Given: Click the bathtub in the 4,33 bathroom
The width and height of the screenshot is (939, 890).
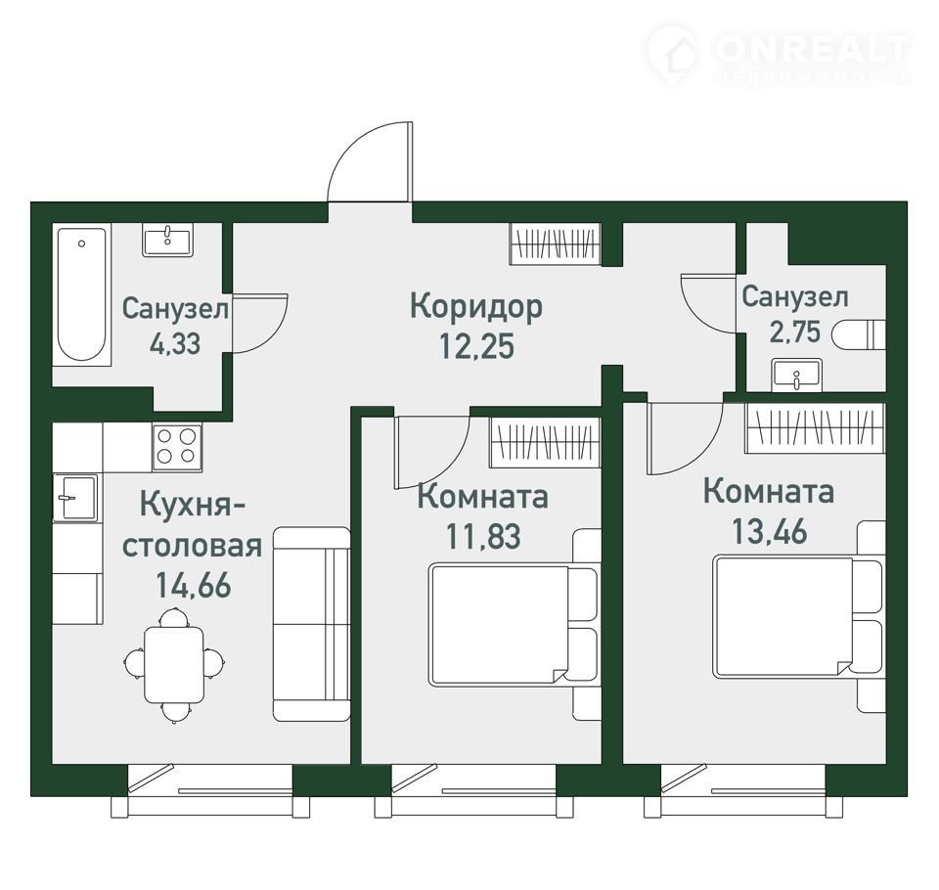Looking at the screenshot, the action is click(82, 294).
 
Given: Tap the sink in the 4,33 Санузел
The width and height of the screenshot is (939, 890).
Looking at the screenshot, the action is click(167, 240).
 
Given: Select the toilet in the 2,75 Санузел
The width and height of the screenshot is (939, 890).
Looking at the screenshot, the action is click(859, 334).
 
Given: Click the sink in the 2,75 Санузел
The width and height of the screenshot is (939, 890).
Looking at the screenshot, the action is click(796, 375).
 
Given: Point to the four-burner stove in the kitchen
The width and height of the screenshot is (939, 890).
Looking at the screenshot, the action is click(177, 447).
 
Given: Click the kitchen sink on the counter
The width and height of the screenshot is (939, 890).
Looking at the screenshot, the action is click(76, 498).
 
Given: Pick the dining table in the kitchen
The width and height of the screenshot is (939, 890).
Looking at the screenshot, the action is click(174, 664).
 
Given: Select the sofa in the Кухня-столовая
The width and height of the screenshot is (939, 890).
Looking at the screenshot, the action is click(311, 623).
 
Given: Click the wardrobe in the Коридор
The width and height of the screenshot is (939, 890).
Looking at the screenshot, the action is click(556, 244).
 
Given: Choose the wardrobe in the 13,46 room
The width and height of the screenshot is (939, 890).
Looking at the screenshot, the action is click(815, 427).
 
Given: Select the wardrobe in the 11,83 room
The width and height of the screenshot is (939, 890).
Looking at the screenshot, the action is click(545, 442).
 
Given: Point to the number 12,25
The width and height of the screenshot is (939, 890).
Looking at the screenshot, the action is click(476, 345).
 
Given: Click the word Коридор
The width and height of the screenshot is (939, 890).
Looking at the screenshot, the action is click(476, 306).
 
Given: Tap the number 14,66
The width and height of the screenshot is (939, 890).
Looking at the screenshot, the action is click(194, 585).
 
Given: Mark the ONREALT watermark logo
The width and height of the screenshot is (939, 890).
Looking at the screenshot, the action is click(779, 53).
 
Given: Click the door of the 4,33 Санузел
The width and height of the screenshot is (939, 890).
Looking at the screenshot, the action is click(260, 324).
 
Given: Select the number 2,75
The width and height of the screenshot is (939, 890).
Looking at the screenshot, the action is click(794, 332).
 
